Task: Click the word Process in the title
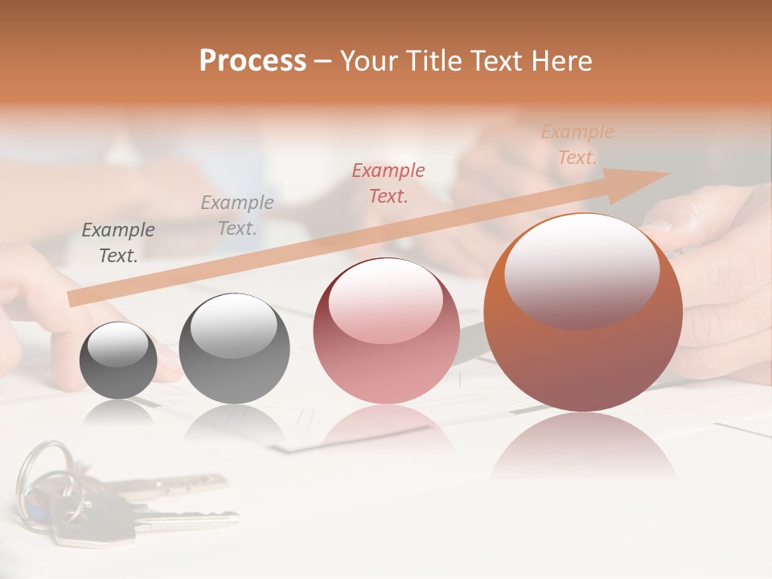click(253, 61)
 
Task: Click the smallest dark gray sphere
click(118, 360)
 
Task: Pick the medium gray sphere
click(234, 349)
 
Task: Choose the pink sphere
click(386, 331)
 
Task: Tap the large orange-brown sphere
click(583, 313)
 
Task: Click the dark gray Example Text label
click(118, 243)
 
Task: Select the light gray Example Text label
click(237, 216)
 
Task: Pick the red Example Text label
click(388, 183)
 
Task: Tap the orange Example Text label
click(577, 145)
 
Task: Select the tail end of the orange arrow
click(74, 298)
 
